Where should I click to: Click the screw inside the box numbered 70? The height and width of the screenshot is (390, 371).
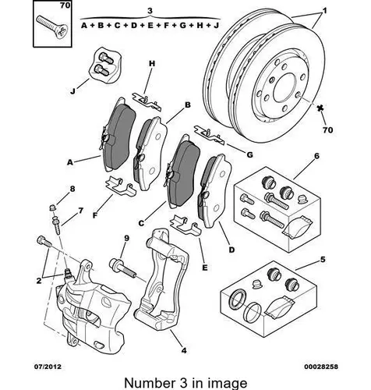(53, 27)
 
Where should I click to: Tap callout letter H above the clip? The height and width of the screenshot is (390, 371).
(152, 63)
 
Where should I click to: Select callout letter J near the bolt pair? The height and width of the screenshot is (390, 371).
(72, 91)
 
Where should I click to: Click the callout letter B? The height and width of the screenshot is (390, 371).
(188, 105)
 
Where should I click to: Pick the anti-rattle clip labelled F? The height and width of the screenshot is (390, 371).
(120, 186)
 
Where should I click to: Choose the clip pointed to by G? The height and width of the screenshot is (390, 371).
(209, 135)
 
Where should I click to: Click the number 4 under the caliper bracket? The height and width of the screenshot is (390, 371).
(184, 350)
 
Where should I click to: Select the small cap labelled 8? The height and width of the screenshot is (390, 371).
(53, 207)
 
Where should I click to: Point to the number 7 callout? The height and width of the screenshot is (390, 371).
(80, 211)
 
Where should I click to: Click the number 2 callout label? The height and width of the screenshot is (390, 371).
(39, 281)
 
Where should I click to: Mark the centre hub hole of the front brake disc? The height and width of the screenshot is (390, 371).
(284, 87)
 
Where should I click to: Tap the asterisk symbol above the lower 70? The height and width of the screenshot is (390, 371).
(320, 108)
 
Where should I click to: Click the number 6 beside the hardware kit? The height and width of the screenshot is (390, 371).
(316, 156)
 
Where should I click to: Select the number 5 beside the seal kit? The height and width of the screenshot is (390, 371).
(323, 259)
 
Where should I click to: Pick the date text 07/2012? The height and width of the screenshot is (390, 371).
(48, 367)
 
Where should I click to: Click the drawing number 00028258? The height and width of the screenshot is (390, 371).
(321, 367)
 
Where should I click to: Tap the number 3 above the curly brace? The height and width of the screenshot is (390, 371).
(150, 11)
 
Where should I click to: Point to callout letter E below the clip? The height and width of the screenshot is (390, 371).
(205, 268)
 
